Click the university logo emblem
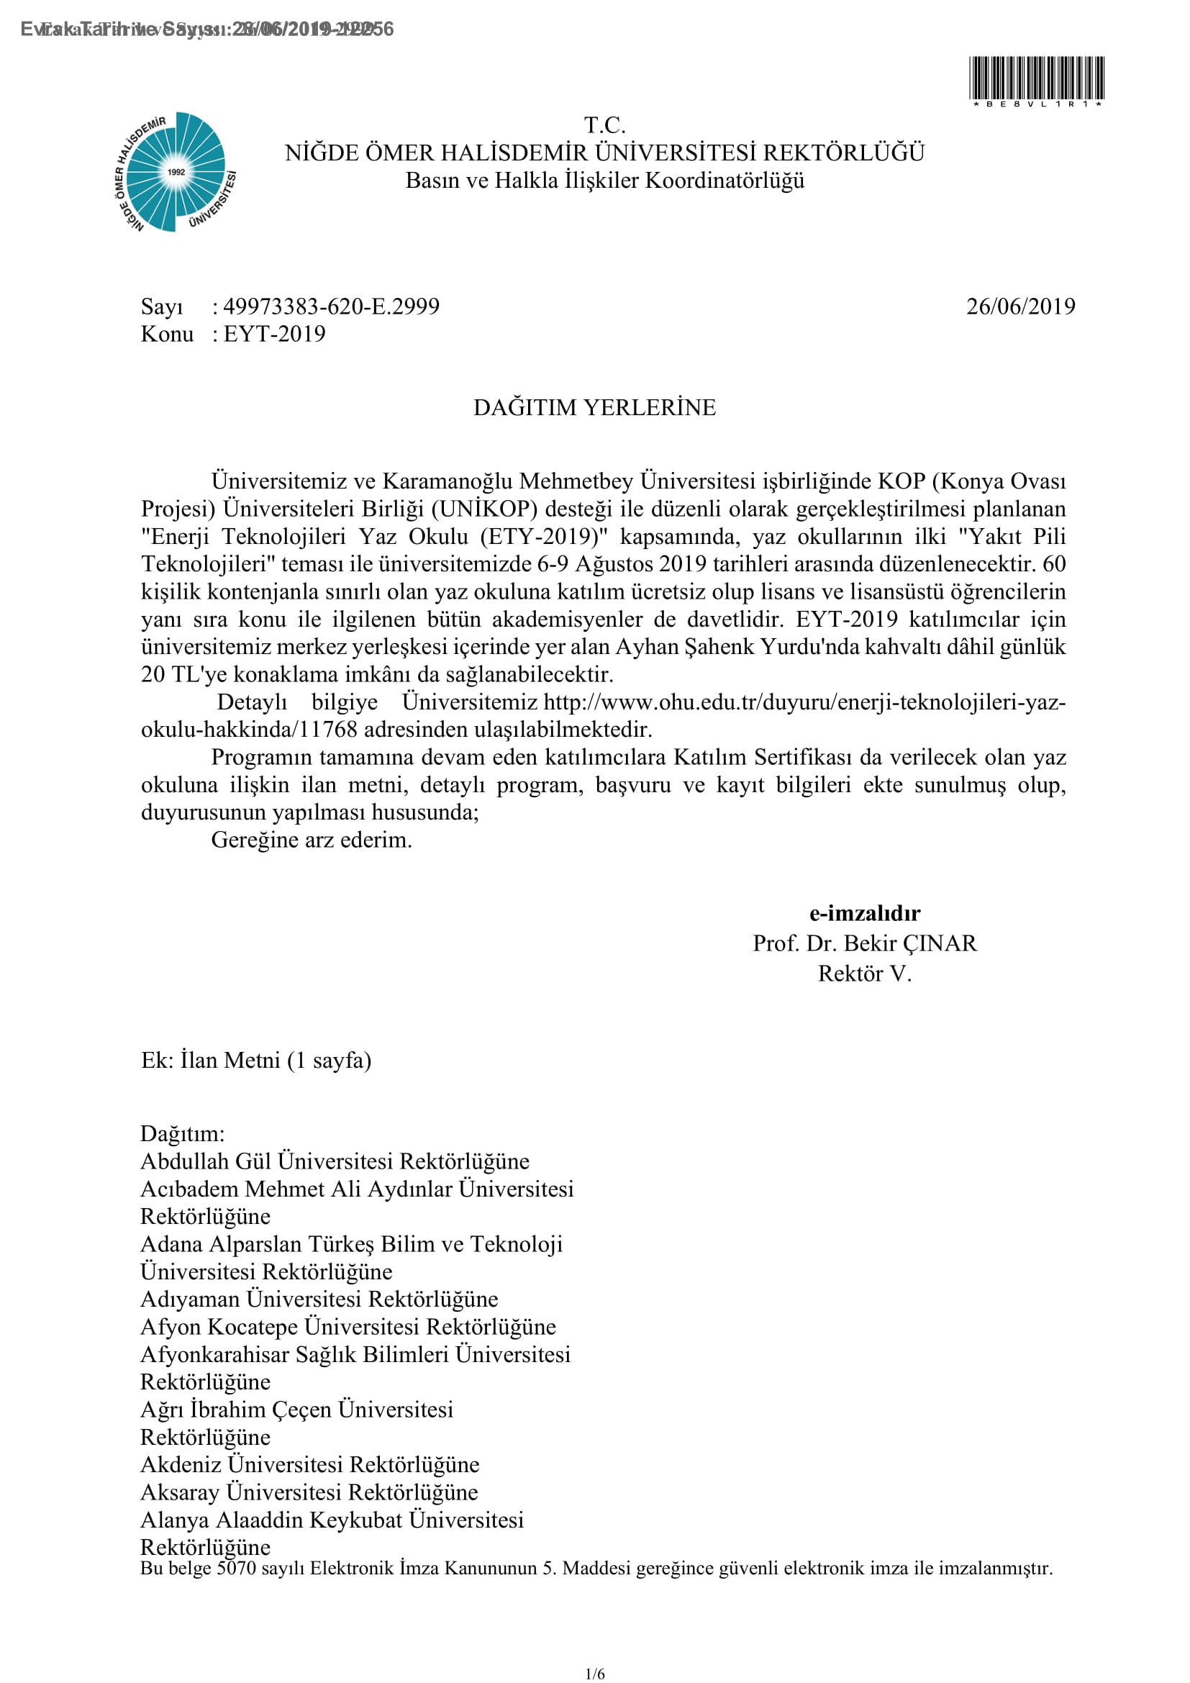pos(176,172)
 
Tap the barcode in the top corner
pos(1036,78)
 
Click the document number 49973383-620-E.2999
pos(331,307)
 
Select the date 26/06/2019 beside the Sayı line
pos(1020,307)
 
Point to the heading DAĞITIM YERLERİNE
pos(594,407)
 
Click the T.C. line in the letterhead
pos(604,125)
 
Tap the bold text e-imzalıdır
pos(865,913)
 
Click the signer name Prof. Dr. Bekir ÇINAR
pos(865,943)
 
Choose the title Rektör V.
pos(865,974)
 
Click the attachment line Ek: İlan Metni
pos(255,1061)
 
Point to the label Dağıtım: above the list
pos(183,1133)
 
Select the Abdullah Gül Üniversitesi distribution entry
pos(334,1161)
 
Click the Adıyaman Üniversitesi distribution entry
pos(319,1299)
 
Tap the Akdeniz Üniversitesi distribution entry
pos(309,1464)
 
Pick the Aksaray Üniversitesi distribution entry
pos(309,1492)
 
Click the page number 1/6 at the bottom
pos(595,1674)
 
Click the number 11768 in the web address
pos(327,730)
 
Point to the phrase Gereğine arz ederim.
pos(312,840)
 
